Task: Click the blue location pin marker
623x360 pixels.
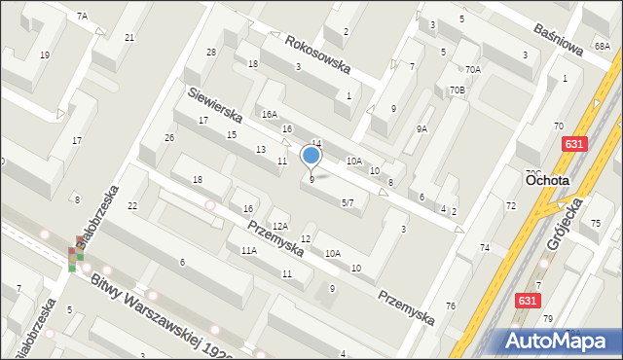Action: (311, 157)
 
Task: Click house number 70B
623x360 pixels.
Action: (457, 90)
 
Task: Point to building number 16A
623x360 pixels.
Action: (269, 114)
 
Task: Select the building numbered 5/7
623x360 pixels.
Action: (348, 202)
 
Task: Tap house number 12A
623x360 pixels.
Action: (279, 226)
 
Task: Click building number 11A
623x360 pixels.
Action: (248, 250)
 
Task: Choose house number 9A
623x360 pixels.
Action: (421, 128)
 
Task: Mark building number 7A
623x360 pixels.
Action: (83, 17)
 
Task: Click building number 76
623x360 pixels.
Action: (450, 306)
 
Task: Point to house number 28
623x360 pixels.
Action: (210, 52)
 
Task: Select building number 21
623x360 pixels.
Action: (129, 37)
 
